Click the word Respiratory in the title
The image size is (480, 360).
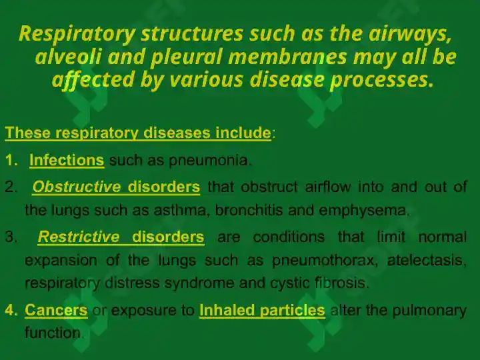77,34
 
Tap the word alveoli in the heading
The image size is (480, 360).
67,57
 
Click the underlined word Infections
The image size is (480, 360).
67,160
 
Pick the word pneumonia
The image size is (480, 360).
210,161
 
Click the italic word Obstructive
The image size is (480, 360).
77,187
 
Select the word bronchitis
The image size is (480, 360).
249,210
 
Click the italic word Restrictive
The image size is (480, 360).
79,237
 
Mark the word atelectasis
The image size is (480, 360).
427,260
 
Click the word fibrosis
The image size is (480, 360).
341,283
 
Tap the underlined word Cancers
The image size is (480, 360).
56,310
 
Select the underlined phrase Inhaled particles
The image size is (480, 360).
262,311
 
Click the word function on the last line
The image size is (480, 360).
53,333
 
